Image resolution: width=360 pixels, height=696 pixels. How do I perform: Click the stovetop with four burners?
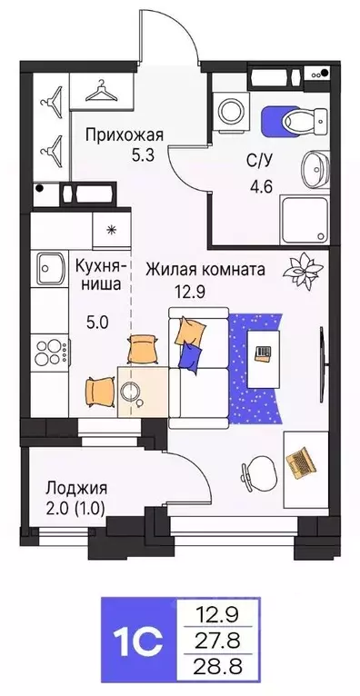coord(48,349)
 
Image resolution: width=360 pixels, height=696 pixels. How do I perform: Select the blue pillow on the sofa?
coord(190,357)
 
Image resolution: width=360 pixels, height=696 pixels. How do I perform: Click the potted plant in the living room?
coord(297,269)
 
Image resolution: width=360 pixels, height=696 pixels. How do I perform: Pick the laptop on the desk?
coord(300,463)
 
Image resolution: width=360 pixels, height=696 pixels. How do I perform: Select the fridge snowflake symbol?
coord(110,230)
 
